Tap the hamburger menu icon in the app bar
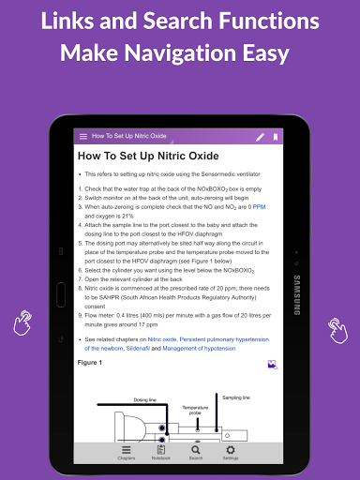click(83, 137)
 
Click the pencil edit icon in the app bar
click(261, 137)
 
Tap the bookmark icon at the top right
click(276, 137)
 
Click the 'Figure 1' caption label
click(91, 361)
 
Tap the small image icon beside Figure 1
click(272, 364)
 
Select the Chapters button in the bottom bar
click(127, 452)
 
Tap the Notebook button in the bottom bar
click(161, 452)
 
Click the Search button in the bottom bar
click(196, 452)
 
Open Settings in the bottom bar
click(231, 452)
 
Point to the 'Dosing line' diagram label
click(144, 399)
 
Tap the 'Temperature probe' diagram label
click(195, 410)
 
